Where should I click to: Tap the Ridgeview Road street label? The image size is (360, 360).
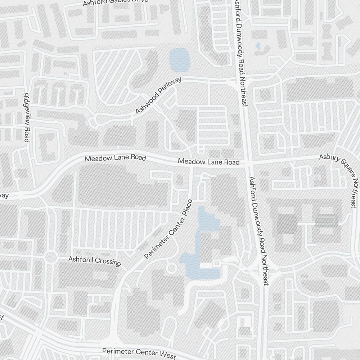26,117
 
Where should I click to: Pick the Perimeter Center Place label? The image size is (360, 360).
169,229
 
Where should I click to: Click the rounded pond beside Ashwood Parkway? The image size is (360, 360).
179,59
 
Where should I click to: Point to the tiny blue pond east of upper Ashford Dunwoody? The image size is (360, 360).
258,46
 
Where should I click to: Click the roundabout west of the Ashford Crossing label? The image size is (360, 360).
51,257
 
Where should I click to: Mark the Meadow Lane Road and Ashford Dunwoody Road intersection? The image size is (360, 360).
248,163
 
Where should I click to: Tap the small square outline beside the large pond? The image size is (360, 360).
216,264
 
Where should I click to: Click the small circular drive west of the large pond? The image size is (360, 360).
172,268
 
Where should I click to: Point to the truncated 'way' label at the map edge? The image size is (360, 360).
4,195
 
